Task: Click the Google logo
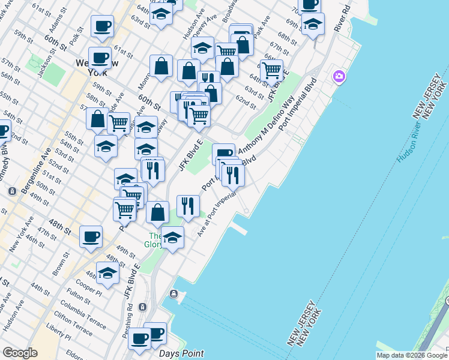(x=19, y=353)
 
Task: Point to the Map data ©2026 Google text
(x=411, y=355)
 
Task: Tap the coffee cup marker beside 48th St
(x=91, y=236)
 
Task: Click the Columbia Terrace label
(x=77, y=305)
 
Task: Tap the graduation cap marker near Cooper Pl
(x=107, y=272)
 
